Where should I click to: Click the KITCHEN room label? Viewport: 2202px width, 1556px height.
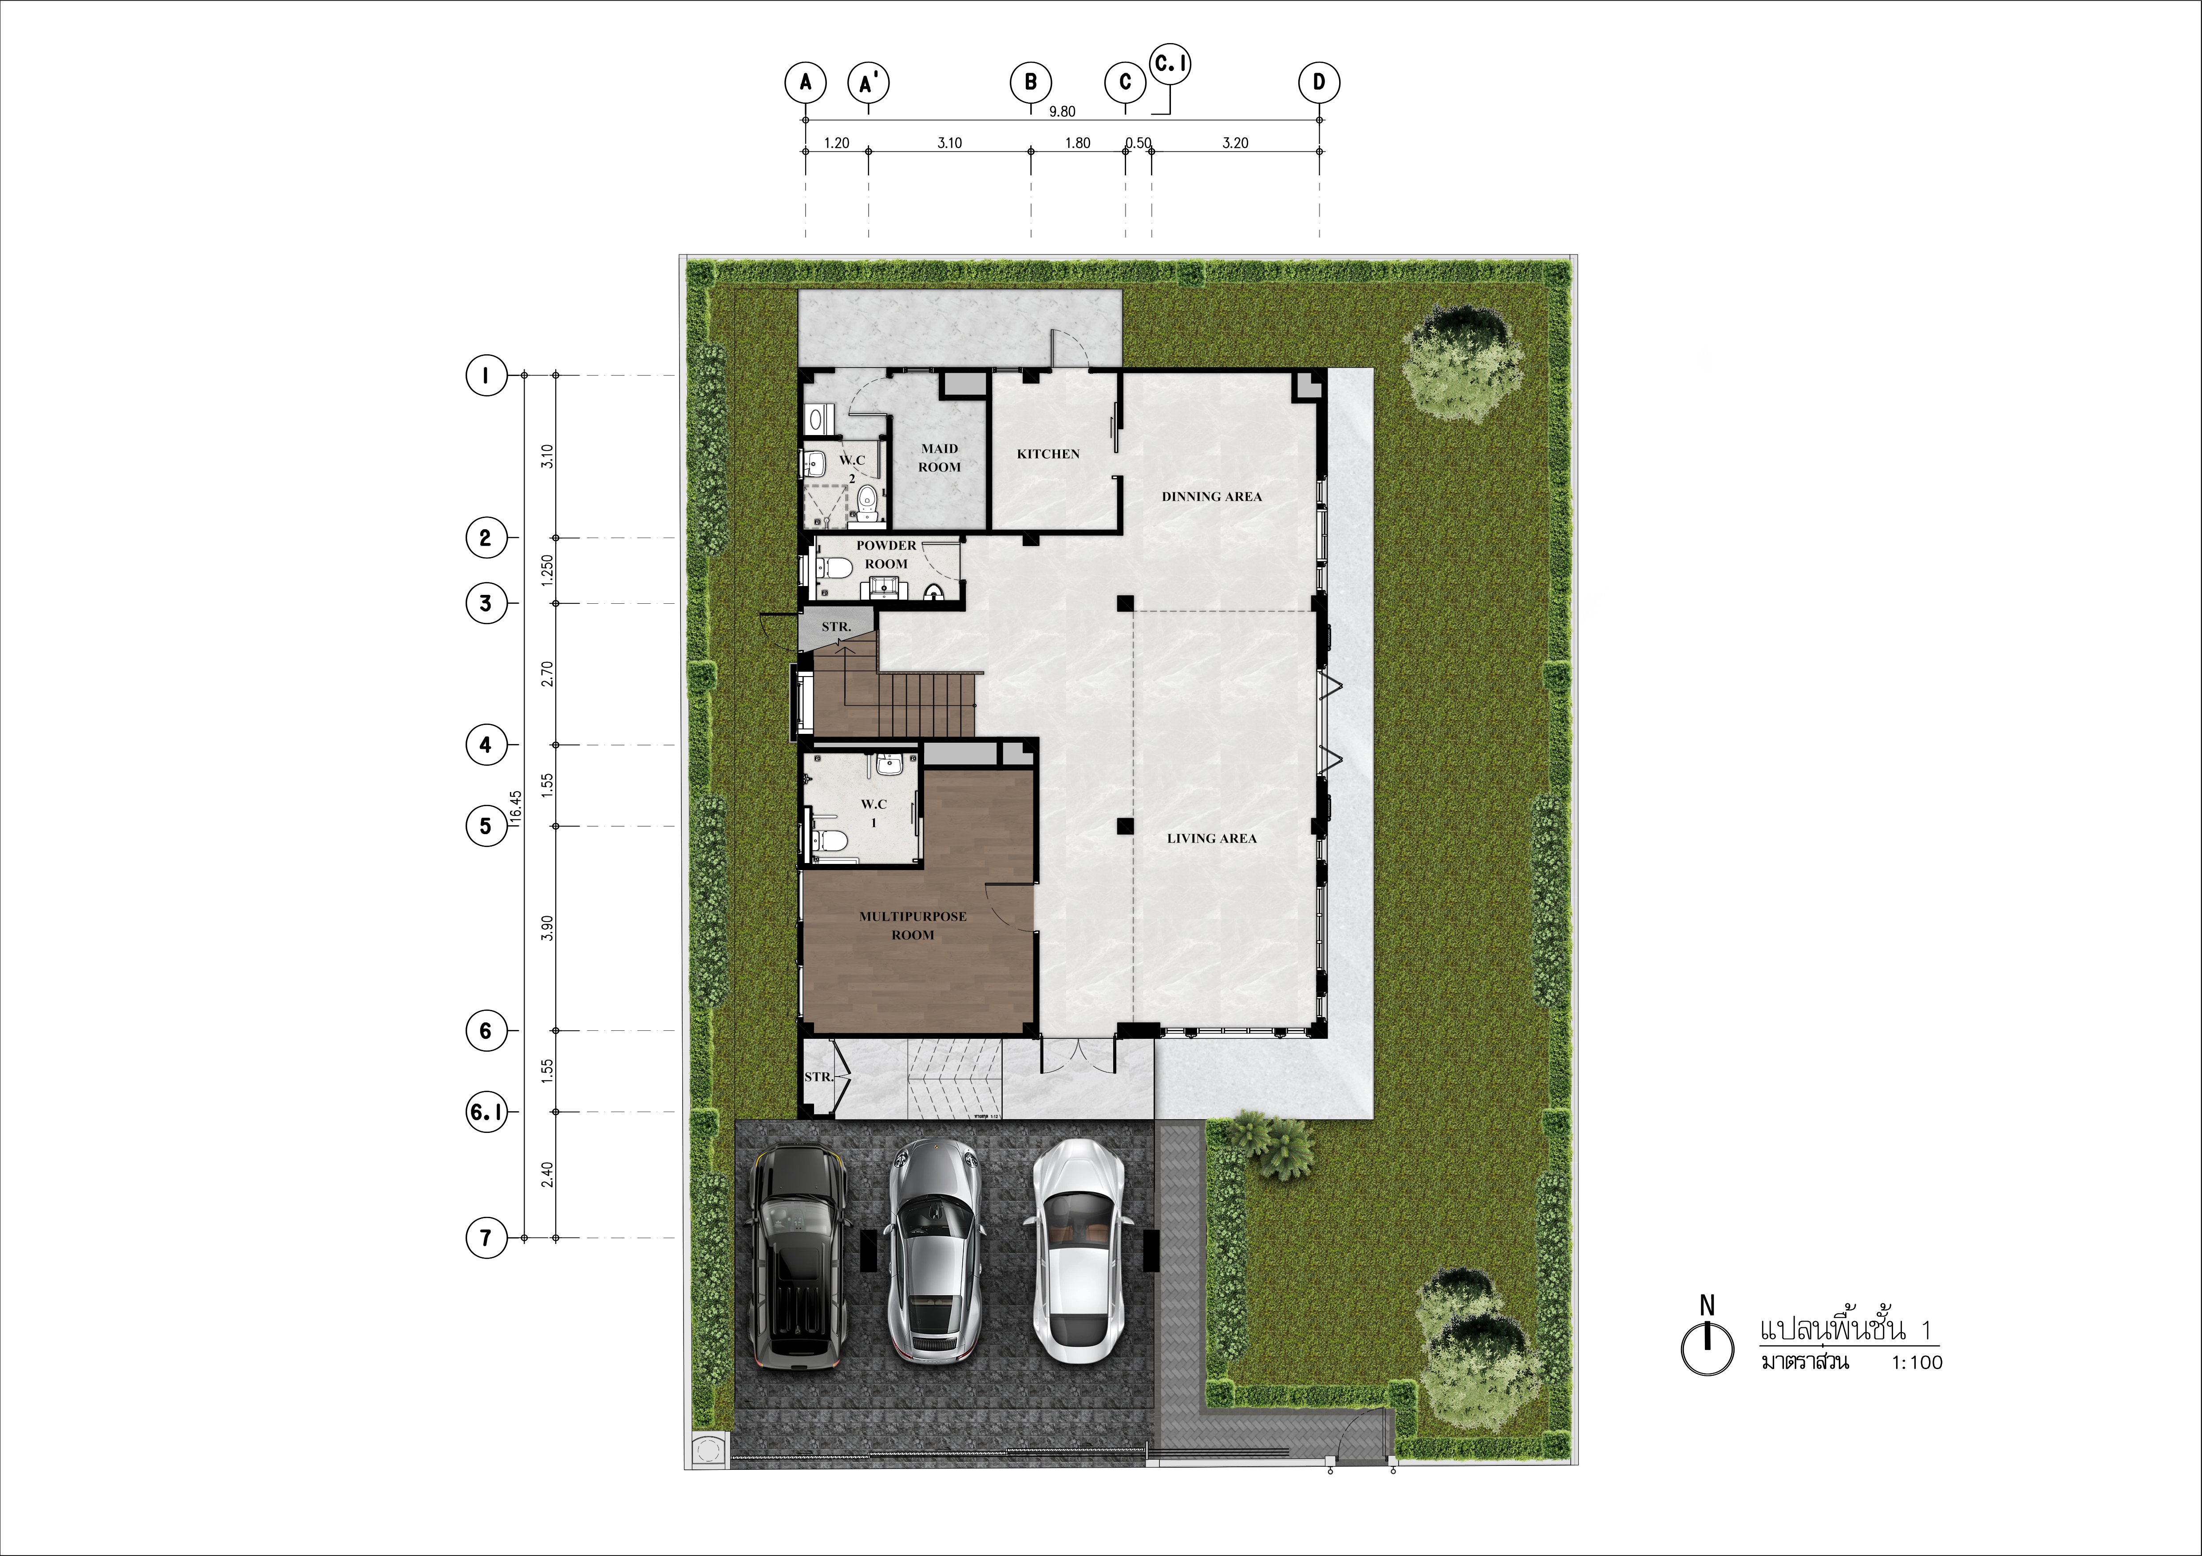[1048, 454]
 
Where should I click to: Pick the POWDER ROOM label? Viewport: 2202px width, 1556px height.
[886, 554]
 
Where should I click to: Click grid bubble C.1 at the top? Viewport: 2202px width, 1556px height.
[1170, 64]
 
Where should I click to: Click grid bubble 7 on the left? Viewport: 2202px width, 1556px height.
[486, 1238]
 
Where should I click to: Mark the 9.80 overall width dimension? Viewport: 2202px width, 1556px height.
[1062, 111]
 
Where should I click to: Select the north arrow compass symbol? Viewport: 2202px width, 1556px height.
[1707, 1343]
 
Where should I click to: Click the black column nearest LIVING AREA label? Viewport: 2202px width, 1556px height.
[1125, 826]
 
